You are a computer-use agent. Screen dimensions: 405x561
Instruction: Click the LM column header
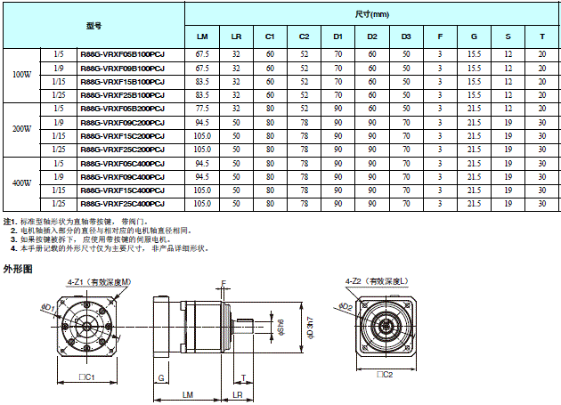tap(202, 37)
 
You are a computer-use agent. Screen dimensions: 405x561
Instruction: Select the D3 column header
tap(405, 37)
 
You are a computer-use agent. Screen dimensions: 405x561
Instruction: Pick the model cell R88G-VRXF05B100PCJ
tap(122, 54)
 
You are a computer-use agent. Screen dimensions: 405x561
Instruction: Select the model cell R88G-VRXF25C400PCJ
tap(122, 204)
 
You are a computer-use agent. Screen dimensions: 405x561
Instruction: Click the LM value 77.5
tap(202, 108)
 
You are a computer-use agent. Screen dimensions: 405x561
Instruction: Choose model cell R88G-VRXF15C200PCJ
tap(122, 135)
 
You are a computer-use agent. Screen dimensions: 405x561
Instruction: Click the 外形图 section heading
tap(18, 267)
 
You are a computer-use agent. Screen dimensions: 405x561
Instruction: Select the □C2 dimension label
tap(385, 375)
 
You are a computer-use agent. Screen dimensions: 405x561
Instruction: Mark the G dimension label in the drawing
tap(161, 377)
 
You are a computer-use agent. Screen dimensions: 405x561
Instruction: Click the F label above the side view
tap(224, 282)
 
